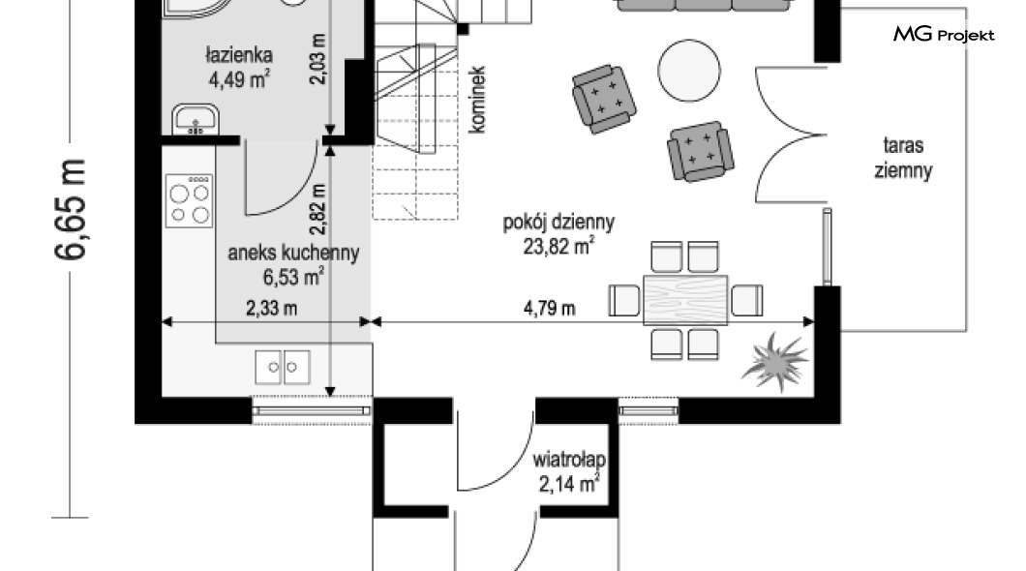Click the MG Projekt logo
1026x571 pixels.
point(944,34)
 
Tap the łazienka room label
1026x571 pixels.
point(238,54)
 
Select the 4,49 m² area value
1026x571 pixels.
point(239,79)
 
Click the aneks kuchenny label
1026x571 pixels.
point(293,254)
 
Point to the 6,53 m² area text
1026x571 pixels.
point(294,278)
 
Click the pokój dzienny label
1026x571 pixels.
point(558,223)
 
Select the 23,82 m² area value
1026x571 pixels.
point(558,247)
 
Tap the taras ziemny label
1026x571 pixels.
point(903,158)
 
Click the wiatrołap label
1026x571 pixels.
point(568,460)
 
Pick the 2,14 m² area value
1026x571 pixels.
point(569,484)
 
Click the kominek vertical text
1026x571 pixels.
point(477,100)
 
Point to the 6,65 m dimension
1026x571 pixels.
point(70,209)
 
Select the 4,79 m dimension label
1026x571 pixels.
point(550,308)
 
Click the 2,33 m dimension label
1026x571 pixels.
point(272,308)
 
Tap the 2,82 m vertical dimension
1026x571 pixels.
point(318,209)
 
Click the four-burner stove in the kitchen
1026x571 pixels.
point(189,200)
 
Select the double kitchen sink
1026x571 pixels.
point(283,367)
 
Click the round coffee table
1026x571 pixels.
point(689,71)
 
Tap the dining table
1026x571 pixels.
point(685,300)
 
